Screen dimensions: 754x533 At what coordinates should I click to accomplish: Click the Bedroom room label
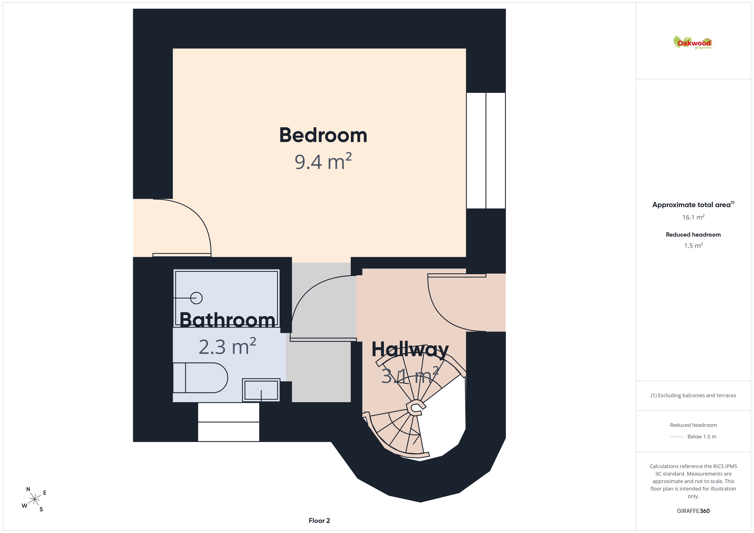(x=323, y=135)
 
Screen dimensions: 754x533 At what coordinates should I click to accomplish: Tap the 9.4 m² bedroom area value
(x=323, y=161)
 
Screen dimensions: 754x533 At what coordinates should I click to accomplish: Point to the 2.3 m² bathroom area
(x=227, y=346)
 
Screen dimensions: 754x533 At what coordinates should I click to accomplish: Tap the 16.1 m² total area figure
(x=693, y=217)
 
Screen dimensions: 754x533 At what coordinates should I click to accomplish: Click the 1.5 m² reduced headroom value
(x=693, y=246)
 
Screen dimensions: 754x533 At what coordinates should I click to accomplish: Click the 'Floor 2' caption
(x=319, y=521)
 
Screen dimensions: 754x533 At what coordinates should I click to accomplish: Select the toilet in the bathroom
(x=200, y=378)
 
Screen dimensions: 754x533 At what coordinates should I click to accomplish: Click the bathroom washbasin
(x=261, y=390)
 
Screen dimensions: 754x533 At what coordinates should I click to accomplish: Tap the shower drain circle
(x=196, y=298)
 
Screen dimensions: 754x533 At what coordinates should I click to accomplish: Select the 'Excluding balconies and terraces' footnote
(x=693, y=395)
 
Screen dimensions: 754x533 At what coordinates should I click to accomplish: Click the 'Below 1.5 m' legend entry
(x=702, y=436)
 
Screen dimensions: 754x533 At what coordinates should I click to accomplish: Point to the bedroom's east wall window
(x=486, y=151)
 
